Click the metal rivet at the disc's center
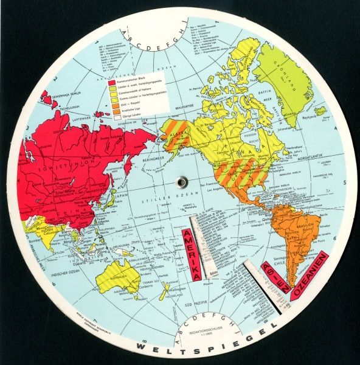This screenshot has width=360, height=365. pos(181,181)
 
